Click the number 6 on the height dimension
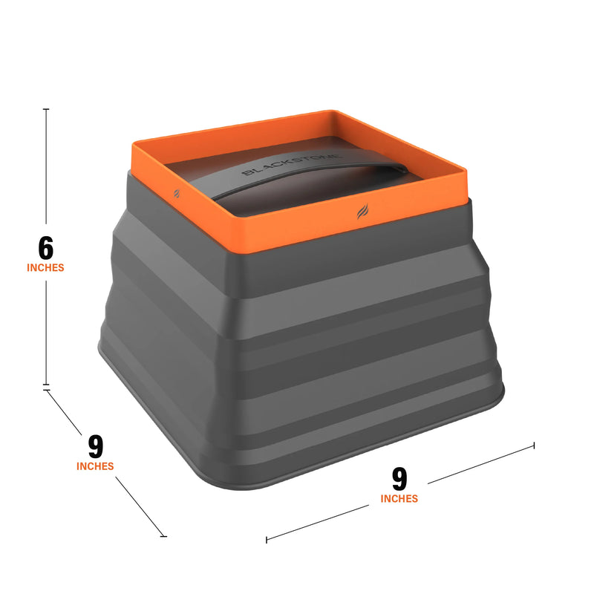point(46,247)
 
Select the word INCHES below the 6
point(46,267)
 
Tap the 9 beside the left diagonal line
point(95,446)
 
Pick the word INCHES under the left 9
point(95,466)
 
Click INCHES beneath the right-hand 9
point(399,499)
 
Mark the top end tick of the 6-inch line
point(47,109)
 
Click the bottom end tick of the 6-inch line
point(47,386)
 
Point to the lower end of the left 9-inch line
point(163,535)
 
